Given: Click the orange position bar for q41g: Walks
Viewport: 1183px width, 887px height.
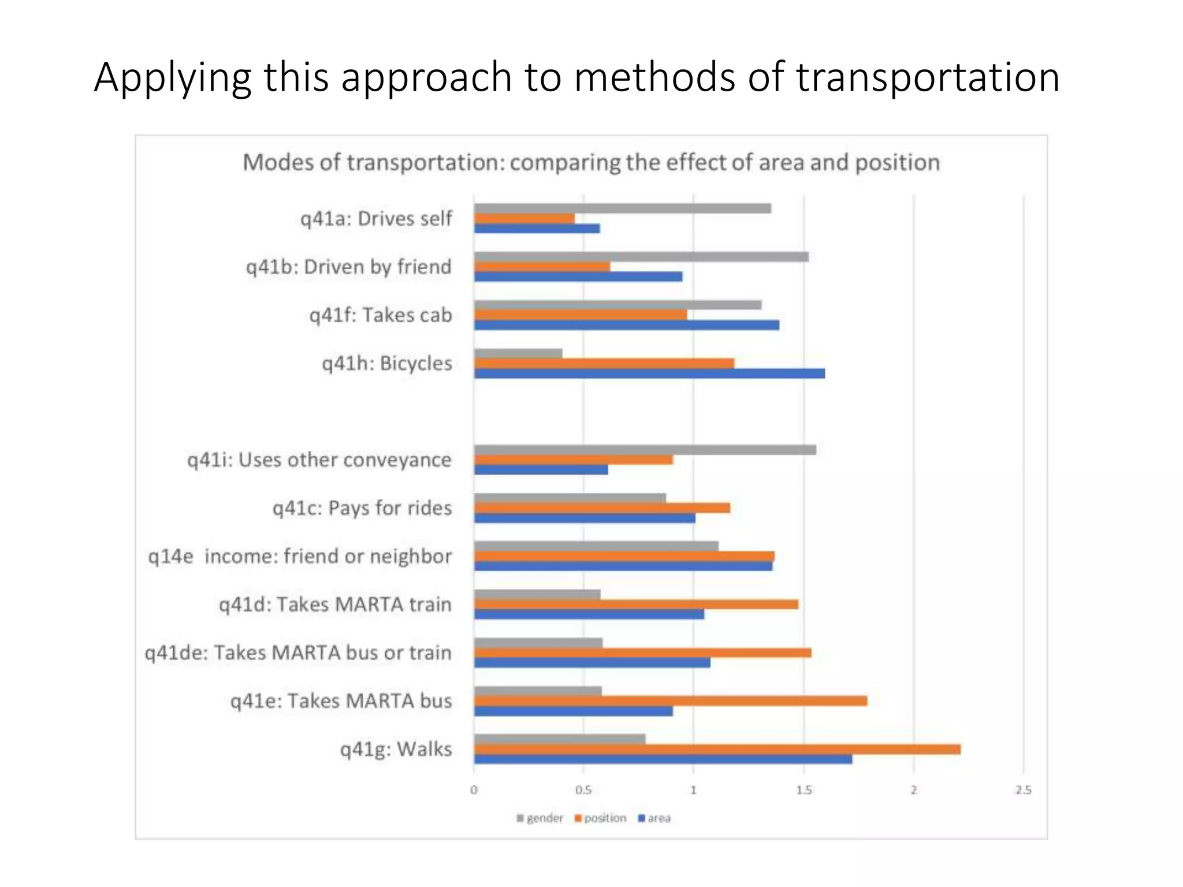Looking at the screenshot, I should [x=717, y=749].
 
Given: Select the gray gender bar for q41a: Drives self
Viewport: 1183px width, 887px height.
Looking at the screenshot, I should [x=622, y=208].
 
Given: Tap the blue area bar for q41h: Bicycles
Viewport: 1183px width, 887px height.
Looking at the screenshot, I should [x=649, y=374].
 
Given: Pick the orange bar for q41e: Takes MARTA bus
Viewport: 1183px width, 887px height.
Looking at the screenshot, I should [x=670, y=700].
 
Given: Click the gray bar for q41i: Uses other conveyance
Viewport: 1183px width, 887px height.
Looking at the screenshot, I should [x=645, y=450].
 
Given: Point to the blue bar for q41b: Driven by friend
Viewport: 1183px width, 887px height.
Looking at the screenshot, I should [x=578, y=277].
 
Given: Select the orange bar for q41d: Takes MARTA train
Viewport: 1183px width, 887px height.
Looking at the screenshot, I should [x=635, y=604].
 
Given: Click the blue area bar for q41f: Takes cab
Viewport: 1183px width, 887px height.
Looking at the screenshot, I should [x=626, y=325].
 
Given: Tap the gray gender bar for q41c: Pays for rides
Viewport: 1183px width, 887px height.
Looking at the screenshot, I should [x=570, y=498].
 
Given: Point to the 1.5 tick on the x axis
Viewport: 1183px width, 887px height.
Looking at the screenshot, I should [x=803, y=790].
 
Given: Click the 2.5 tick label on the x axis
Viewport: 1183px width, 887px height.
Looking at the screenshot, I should [x=1022, y=790].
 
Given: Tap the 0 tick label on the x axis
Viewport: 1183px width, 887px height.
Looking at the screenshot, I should [x=474, y=790].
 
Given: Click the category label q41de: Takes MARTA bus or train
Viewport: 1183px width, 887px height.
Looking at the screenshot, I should [x=298, y=653].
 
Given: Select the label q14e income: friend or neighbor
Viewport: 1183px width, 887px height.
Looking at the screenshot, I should [x=300, y=556].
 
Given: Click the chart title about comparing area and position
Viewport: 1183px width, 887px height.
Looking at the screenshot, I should [x=591, y=162].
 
